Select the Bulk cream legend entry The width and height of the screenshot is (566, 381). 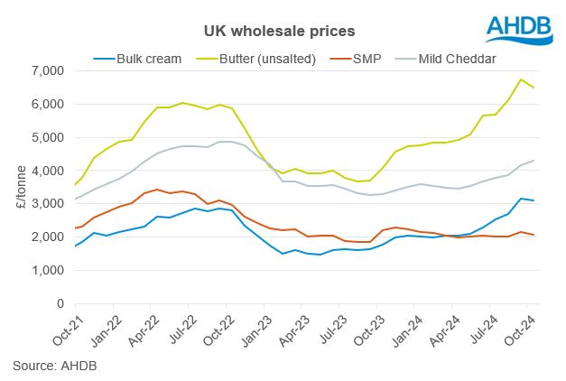pos(144,59)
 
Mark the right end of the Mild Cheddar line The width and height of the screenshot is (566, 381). pos(534,161)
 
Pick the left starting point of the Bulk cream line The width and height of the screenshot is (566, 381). pos(74,246)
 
